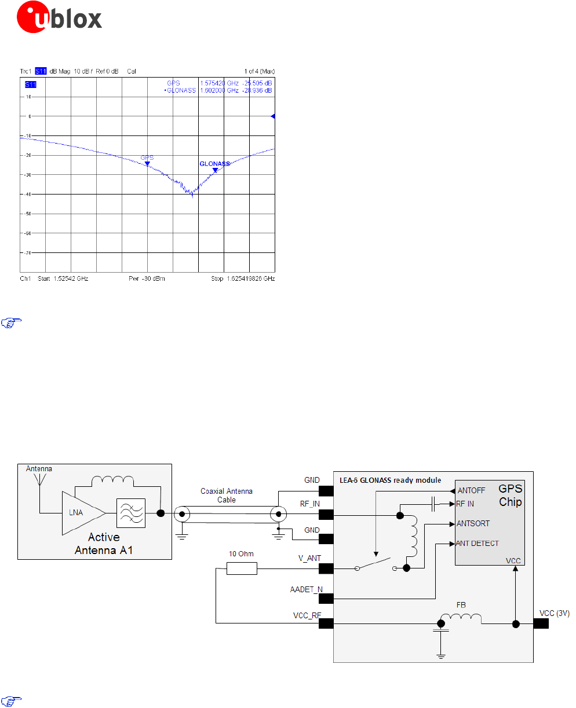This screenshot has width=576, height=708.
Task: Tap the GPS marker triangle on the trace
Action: pyautogui.click(x=147, y=164)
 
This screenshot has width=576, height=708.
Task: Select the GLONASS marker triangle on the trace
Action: pyautogui.click(x=215, y=170)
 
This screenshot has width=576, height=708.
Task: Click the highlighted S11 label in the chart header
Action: pyautogui.click(x=41, y=71)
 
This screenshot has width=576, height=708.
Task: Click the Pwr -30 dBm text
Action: pyautogui.click(x=147, y=278)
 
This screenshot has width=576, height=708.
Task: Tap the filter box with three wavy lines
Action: pyautogui.click(x=131, y=512)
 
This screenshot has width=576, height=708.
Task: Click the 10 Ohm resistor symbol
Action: pyautogui.click(x=241, y=568)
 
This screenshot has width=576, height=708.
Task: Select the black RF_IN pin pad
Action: pyautogui.click(x=326, y=513)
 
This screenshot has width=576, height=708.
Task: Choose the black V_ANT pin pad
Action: pyautogui.click(x=326, y=568)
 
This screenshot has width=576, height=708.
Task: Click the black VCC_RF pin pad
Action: pyautogui.click(x=326, y=623)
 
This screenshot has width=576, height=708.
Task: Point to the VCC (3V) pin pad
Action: pyautogui.click(x=541, y=623)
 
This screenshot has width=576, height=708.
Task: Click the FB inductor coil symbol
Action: pyautogui.click(x=461, y=619)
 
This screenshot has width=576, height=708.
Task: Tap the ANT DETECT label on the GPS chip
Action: pyautogui.click(x=477, y=544)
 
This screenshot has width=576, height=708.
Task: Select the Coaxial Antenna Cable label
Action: pyautogui.click(x=226, y=496)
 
